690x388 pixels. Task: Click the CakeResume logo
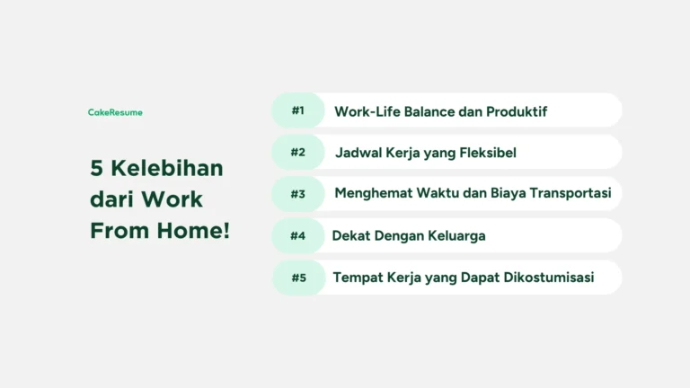click(115, 112)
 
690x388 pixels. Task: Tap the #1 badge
click(298, 110)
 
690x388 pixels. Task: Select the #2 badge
click(298, 152)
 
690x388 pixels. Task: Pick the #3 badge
click(298, 193)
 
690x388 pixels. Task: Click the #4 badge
click(298, 235)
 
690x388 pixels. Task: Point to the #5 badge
click(299, 278)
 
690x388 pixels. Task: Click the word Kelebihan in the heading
click(167, 169)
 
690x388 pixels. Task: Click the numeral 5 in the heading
click(96, 169)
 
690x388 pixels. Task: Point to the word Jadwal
click(357, 153)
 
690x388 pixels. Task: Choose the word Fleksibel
click(486, 153)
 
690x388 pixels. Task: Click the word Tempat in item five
click(356, 278)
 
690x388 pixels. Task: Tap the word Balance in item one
click(428, 111)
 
